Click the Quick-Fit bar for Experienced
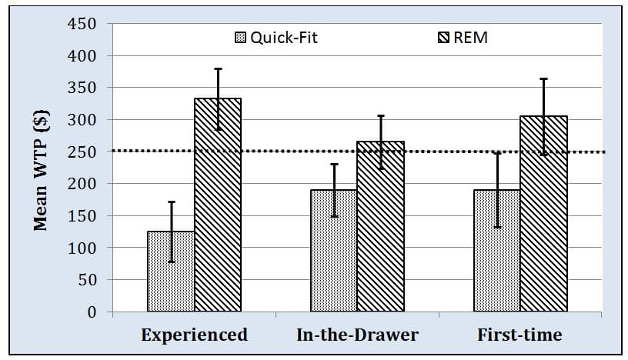[x=171, y=271]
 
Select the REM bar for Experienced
[x=218, y=205]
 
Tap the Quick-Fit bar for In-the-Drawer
[x=334, y=250]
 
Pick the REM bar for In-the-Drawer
[x=381, y=226]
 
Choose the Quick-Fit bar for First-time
[x=497, y=250]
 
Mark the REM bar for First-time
[x=544, y=213]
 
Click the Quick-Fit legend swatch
[x=240, y=38]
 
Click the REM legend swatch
[x=443, y=38]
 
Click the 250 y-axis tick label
[x=82, y=152]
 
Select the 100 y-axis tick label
[x=82, y=248]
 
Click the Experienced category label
[x=194, y=335]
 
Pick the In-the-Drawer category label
[x=357, y=335]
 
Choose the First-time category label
[x=519, y=335]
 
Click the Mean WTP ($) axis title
[x=41, y=171]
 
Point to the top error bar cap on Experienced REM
[x=218, y=69]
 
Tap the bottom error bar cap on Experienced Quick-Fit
[x=172, y=262]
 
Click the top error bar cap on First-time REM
[x=544, y=79]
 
